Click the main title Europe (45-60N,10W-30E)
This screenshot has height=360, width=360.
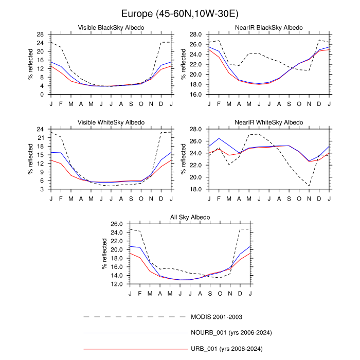(179, 12)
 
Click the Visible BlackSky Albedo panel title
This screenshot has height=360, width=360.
(111, 27)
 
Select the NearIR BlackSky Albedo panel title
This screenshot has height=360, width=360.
(269, 27)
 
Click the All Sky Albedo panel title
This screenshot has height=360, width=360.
(190, 217)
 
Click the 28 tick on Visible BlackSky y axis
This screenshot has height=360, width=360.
(40, 34)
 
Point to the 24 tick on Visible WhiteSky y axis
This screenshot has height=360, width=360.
(40, 130)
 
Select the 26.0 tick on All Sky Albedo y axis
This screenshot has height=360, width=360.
(117, 225)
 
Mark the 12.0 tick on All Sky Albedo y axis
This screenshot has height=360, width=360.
(117, 284)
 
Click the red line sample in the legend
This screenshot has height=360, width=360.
(136, 349)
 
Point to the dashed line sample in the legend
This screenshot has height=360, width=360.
(136, 316)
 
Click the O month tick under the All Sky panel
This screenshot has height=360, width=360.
(220, 293)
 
